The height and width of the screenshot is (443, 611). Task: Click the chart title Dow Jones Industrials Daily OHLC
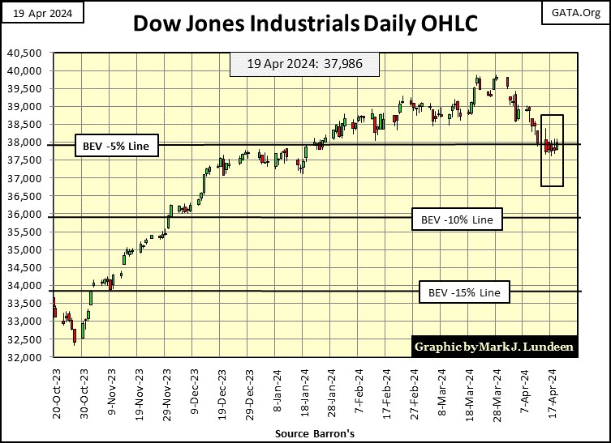305,25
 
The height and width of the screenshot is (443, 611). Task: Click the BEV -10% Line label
457,219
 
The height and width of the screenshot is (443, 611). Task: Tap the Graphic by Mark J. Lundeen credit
494,346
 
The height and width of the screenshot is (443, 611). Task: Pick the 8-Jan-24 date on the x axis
278,394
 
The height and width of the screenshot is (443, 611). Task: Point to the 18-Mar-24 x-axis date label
471,392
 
